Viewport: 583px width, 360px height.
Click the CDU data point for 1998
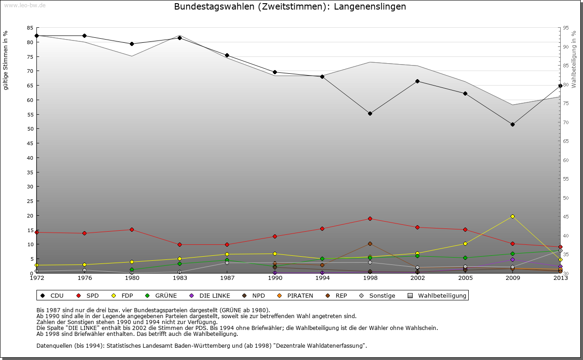tap(370, 113)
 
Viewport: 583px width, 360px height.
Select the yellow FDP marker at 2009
tap(512, 216)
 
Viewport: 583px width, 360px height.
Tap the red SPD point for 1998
tap(370, 218)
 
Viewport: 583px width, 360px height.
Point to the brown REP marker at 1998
tap(370, 243)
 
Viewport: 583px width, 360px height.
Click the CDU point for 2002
tap(417, 81)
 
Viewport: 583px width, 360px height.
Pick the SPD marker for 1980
tap(132, 229)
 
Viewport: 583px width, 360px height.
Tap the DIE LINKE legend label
tap(215, 295)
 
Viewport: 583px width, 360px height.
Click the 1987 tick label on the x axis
tap(227, 278)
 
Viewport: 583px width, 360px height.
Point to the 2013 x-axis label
tap(560, 278)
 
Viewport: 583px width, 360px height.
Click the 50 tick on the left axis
tap(30, 129)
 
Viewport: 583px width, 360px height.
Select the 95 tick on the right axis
tap(566, 28)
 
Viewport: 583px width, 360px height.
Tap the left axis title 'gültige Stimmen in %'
tap(6, 60)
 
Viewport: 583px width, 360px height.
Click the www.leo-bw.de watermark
tap(25, 5)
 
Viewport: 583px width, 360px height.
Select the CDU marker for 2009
tap(512, 124)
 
